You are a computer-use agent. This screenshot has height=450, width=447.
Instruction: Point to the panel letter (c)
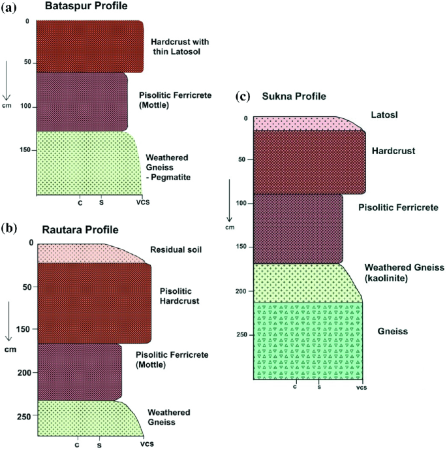click(242, 97)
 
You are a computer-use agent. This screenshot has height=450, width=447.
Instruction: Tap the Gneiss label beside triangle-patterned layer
click(393, 332)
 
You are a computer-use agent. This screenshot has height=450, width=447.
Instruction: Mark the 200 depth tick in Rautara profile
click(25, 372)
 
